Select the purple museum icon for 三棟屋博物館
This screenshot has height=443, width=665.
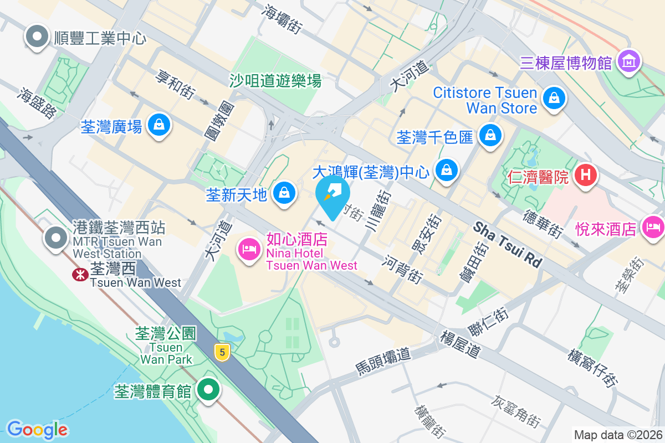(628, 61)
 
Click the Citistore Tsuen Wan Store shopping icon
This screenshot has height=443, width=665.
(553, 99)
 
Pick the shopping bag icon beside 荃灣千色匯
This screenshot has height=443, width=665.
(490, 136)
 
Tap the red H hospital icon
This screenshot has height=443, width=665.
(587, 176)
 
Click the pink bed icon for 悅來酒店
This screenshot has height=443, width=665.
(652, 227)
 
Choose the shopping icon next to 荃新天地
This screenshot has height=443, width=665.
(284, 194)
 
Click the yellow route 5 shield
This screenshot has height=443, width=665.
(223, 352)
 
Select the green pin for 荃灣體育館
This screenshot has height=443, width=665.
(208, 390)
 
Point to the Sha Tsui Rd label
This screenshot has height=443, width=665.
(507, 244)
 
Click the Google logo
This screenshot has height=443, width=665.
(37, 429)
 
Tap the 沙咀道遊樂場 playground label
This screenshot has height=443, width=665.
(275, 81)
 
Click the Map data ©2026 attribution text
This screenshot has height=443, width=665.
(618, 435)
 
